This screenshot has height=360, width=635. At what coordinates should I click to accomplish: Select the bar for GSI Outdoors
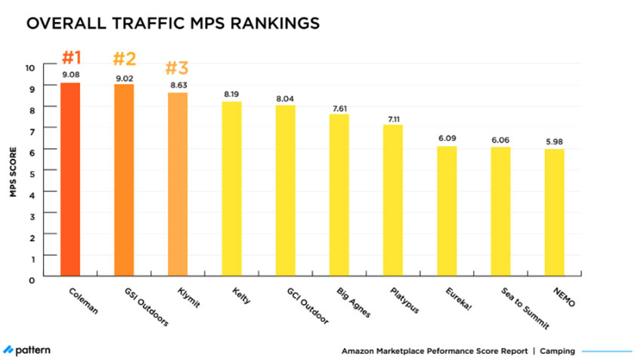point(124,181)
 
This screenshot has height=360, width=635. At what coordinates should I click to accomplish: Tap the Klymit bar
point(178,185)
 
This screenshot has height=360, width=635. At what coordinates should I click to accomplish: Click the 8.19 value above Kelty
point(231,94)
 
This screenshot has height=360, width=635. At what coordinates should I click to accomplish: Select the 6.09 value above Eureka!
point(446,138)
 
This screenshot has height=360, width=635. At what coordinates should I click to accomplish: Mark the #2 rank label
point(124,58)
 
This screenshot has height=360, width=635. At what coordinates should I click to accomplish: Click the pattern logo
point(29,351)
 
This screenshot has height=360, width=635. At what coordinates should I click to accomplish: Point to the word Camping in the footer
point(556,351)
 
